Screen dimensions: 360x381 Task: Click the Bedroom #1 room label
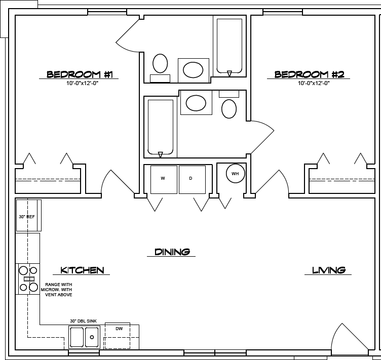click(x=82, y=74)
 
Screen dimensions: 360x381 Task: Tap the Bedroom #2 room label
click(x=309, y=74)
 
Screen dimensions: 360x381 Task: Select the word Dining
click(x=172, y=252)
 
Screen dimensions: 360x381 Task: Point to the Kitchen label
click(x=82, y=270)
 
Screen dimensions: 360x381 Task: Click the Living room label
click(x=328, y=270)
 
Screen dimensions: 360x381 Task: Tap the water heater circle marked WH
click(x=235, y=174)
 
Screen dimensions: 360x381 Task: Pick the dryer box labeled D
click(x=192, y=179)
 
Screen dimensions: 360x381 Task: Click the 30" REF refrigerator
click(x=28, y=216)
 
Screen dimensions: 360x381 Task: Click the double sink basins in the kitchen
click(x=84, y=337)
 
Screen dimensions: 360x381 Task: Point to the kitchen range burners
click(x=28, y=279)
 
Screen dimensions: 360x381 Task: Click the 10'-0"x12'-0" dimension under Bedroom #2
click(x=314, y=84)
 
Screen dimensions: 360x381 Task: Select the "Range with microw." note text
click(x=59, y=290)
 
